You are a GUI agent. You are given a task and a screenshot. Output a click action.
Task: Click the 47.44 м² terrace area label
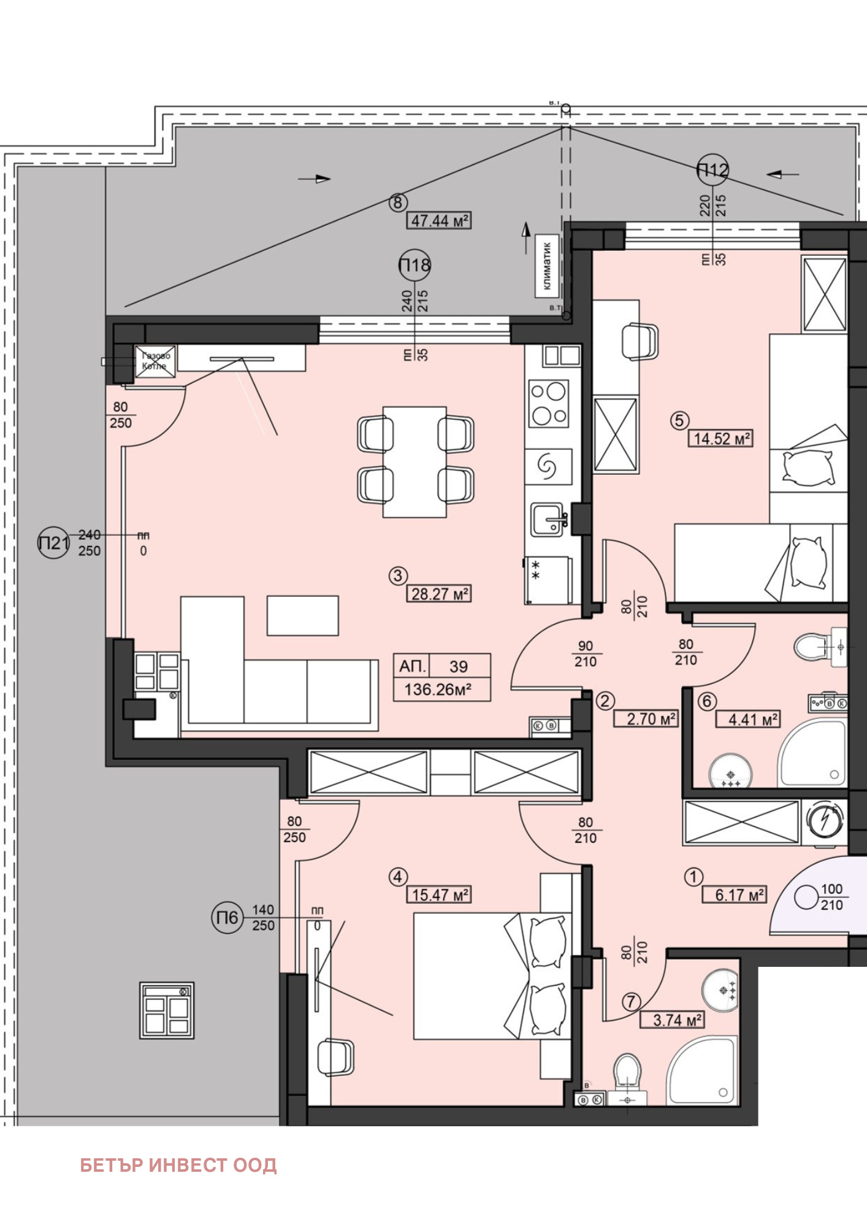[x=439, y=220]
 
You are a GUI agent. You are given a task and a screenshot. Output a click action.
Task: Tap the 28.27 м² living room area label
[x=439, y=594]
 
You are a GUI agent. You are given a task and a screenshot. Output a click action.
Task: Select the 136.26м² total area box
[x=441, y=690]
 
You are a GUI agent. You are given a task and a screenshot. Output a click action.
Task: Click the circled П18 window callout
[x=414, y=266]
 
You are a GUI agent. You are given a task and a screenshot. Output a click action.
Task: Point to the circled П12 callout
[x=712, y=169]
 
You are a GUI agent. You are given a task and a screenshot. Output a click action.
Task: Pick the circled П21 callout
[x=53, y=542]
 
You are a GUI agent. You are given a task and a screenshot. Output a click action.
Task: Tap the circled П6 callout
[x=227, y=917]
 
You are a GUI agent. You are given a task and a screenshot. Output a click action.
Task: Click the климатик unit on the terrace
[x=547, y=266]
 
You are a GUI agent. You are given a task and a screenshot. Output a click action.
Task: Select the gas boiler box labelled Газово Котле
[x=155, y=361]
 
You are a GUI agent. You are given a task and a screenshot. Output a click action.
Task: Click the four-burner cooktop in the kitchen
[x=549, y=404]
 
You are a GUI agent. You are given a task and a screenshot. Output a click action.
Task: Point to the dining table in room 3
[x=414, y=461]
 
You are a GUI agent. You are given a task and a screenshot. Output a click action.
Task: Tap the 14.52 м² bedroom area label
[x=721, y=439]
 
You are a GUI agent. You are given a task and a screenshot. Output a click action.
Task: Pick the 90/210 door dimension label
[x=586, y=654]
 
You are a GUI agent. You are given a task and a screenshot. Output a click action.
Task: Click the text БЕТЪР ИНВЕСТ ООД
[x=178, y=1164]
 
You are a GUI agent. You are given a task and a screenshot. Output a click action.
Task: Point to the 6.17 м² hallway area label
[x=734, y=894]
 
